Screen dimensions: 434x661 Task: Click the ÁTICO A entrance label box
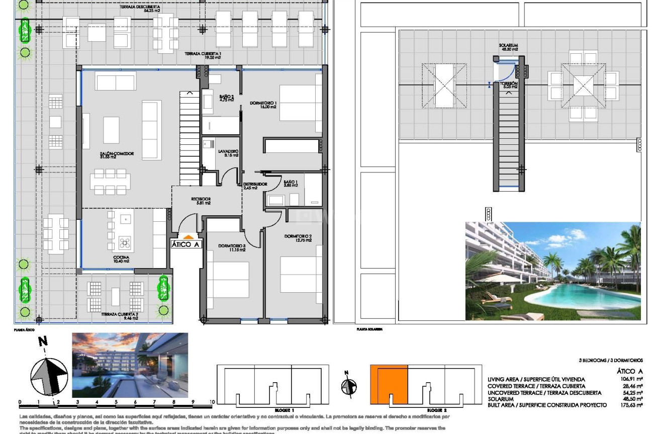pos(186,244)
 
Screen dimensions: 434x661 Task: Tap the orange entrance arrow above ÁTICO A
pos(187,236)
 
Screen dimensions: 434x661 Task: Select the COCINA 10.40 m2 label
pos(121,259)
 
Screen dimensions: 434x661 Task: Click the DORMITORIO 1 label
pos(263,105)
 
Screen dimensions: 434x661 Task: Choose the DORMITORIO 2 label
pos(298,238)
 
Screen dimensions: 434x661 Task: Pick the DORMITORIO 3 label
pos(232,247)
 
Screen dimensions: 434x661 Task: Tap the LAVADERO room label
pos(228,153)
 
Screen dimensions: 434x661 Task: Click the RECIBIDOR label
pos(201,201)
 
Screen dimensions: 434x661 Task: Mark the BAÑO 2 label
pos(227,98)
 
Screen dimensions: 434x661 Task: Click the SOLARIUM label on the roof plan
pos(508,47)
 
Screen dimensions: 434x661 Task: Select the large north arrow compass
pos(49,375)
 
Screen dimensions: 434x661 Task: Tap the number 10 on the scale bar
pos(212,402)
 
